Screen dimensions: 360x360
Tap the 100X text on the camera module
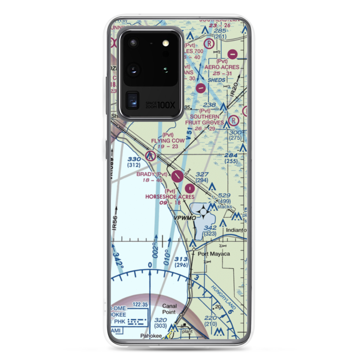click(167, 105)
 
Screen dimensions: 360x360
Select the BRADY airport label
click(146, 174)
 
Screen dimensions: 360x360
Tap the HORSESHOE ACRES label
click(170, 197)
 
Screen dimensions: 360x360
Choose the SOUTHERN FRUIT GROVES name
click(204, 120)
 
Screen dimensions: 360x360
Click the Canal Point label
click(169, 309)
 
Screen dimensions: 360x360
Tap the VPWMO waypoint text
click(185, 218)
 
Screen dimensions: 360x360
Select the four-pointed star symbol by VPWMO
click(203, 212)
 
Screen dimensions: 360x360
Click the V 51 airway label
click(188, 135)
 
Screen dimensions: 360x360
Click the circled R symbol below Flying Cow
click(150, 156)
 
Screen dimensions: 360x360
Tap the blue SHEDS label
click(217, 80)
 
